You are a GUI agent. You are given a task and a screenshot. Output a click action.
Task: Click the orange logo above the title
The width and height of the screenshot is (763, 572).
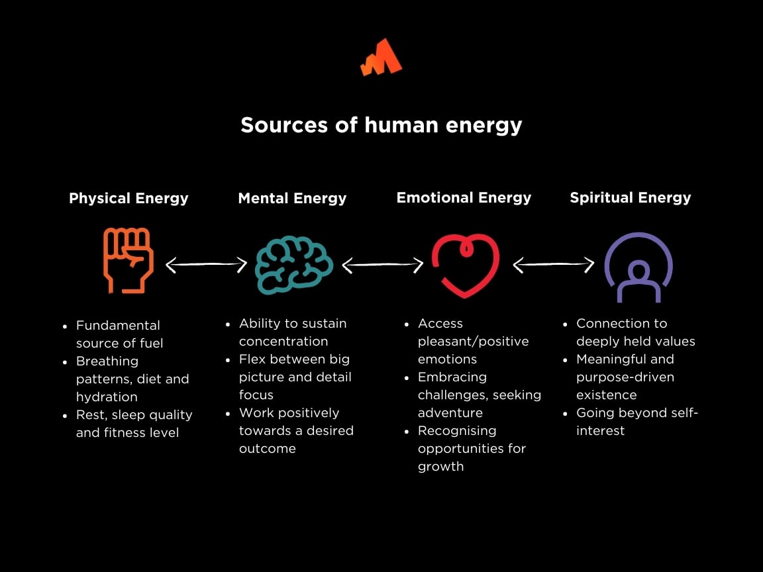point(381,58)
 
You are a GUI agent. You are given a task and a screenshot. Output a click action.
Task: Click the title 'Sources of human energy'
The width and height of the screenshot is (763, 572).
point(381,125)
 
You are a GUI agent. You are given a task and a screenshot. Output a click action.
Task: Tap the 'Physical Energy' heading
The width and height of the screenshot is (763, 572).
point(128,198)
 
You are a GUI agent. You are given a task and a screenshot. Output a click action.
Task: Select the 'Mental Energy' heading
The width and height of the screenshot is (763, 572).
point(292,198)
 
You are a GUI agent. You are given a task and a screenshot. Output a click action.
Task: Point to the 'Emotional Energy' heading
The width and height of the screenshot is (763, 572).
point(464,197)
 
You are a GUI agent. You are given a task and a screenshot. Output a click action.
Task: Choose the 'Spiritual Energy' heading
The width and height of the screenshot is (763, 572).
point(631,197)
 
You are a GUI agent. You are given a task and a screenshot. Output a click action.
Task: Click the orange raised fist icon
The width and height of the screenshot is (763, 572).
point(128,260)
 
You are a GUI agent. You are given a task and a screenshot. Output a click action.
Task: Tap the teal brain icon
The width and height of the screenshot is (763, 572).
point(294,265)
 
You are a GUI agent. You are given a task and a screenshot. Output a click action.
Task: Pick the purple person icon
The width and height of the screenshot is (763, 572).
point(638,267)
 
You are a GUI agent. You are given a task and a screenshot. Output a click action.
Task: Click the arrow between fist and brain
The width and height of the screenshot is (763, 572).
point(206,265)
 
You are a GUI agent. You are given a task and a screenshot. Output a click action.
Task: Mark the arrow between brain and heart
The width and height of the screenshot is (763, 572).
point(382,265)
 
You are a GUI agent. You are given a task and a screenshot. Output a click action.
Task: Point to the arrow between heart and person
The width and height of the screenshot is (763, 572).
point(554,265)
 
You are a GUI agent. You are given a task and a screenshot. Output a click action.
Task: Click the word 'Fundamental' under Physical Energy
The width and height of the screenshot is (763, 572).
point(118,325)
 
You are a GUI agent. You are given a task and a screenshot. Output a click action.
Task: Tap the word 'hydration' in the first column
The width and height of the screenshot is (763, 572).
point(107,397)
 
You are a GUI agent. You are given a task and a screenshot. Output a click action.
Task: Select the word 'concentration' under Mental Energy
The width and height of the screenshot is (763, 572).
point(283,341)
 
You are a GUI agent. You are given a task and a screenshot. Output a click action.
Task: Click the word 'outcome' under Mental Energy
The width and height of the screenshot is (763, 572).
point(268,448)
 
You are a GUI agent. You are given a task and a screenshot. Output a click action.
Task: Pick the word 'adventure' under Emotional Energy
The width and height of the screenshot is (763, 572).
point(450,412)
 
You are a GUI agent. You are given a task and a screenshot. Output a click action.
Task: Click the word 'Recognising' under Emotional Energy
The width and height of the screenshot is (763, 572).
point(457,430)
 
